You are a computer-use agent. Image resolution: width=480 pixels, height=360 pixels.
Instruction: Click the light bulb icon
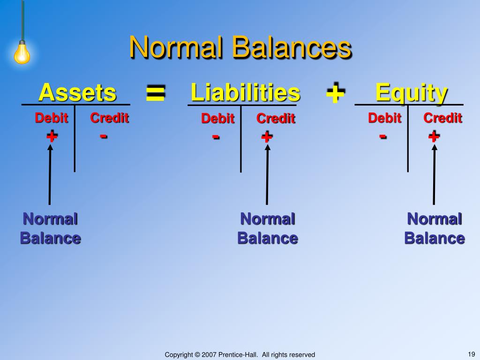[22, 52]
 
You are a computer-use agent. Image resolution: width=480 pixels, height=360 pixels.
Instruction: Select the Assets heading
[77, 92]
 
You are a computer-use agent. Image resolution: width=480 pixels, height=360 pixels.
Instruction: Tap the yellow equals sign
[155, 93]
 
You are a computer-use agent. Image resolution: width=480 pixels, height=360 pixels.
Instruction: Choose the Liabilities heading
[245, 93]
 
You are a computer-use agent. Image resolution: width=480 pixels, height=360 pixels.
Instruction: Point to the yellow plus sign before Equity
[335, 93]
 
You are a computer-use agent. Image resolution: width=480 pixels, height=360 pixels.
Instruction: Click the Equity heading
[411, 93]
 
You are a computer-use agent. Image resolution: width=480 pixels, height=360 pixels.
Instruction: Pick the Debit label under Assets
[52, 118]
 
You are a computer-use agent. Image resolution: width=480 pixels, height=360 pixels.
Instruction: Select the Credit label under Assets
[109, 118]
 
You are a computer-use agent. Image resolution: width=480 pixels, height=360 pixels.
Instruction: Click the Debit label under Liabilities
[217, 119]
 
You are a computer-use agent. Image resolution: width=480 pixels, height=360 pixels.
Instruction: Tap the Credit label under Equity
[442, 118]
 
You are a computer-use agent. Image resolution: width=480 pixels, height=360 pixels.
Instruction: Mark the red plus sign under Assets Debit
[52, 136]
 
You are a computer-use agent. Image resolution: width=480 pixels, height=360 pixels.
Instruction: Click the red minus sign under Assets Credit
[104, 136]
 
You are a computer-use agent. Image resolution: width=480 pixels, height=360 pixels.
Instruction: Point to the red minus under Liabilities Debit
[216, 137]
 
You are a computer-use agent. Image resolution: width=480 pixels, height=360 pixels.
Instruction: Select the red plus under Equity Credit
[434, 136]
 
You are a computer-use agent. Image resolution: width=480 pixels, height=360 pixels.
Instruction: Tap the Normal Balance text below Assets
[50, 228]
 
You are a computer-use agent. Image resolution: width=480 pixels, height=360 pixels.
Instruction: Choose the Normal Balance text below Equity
[435, 228]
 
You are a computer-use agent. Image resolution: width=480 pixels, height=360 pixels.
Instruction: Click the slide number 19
[472, 354]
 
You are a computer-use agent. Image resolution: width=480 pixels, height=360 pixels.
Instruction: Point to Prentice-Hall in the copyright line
[237, 355]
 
